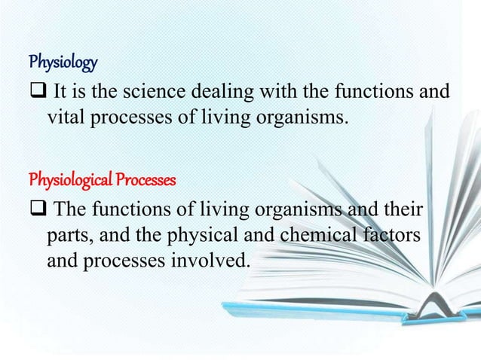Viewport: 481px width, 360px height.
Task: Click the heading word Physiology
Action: [63, 59]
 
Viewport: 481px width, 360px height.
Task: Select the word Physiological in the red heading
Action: [65, 181]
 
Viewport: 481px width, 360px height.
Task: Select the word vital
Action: [64, 117]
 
